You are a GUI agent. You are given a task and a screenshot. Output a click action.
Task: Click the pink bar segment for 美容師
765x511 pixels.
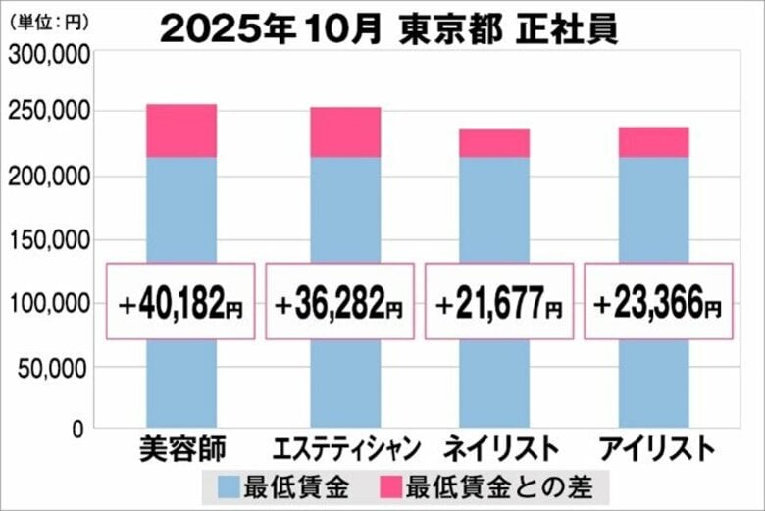[x=181, y=130]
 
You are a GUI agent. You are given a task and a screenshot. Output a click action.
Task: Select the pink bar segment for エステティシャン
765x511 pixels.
[x=345, y=132]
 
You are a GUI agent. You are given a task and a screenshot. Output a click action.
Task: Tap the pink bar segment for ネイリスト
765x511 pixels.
[x=494, y=143]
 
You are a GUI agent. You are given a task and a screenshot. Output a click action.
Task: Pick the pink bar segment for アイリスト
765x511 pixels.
[x=653, y=142]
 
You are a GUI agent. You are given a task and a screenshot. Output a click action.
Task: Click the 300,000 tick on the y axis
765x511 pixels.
[x=50, y=56]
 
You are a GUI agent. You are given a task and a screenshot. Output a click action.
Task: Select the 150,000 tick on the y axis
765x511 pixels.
[x=50, y=240]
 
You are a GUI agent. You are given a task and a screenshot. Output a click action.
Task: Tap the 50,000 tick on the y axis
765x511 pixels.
[x=55, y=368]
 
